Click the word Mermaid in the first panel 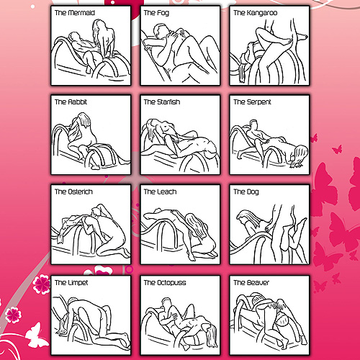(x=82, y=12)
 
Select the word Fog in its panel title (x=163, y=13)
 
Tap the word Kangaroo (x=262, y=13)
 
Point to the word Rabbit (x=77, y=102)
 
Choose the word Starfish (x=168, y=102)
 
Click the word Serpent (x=259, y=102)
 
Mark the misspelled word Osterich (x=81, y=192)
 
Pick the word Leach (x=167, y=192)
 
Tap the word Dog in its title (x=253, y=192)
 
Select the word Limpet (x=78, y=283)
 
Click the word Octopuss (x=171, y=283)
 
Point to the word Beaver (x=258, y=283)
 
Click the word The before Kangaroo (x=240, y=12)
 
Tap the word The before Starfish (x=150, y=102)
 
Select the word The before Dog (x=240, y=192)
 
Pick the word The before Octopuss (x=150, y=283)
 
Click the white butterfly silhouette (x=36, y=336)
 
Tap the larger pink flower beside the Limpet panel (x=41, y=284)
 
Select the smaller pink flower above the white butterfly (x=13, y=315)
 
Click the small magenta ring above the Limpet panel (x=129, y=269)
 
